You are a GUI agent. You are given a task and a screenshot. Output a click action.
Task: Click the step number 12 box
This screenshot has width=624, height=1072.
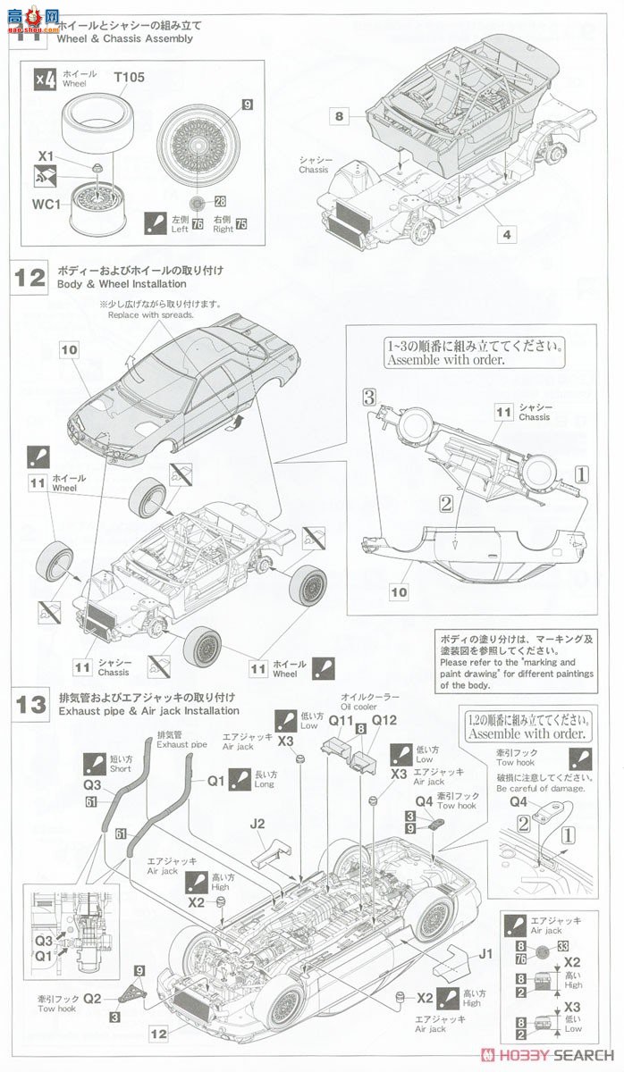30,277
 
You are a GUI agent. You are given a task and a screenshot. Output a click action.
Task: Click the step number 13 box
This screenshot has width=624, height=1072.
30,704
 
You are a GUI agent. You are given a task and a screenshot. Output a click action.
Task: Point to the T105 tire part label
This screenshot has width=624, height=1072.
129,78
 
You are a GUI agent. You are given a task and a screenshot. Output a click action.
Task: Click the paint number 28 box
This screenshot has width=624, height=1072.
219,202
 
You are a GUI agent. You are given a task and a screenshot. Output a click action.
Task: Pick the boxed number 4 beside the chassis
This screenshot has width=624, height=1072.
507,235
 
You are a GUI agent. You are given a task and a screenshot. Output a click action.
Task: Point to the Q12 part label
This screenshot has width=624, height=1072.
384,720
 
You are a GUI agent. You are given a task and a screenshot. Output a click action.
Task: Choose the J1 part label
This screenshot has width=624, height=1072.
485,953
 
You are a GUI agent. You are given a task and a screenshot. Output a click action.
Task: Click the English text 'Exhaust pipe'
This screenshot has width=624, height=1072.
181,743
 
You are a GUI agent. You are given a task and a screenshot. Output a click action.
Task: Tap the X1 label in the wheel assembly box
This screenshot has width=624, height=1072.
46,155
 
